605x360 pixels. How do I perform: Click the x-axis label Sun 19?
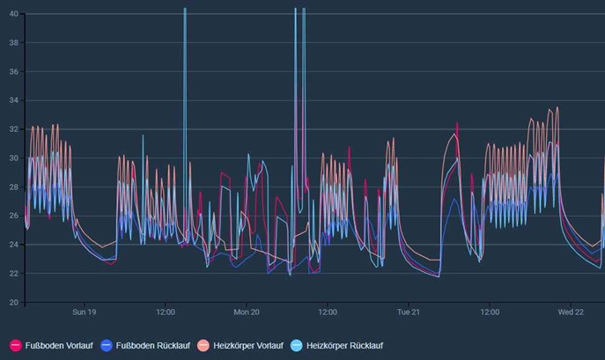85,312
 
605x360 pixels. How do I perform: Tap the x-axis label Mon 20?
247,312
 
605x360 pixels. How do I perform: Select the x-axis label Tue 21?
409,312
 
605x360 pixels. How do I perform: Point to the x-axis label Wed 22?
572,312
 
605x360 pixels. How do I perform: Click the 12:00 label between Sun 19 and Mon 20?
166,312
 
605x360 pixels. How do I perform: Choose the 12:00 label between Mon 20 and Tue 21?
328,312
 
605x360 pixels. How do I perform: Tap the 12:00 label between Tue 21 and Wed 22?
490,312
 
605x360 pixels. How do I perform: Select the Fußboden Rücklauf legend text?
152,346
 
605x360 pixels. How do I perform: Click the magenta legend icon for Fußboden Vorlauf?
16,346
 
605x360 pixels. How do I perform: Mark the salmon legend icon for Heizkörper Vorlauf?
203,346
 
